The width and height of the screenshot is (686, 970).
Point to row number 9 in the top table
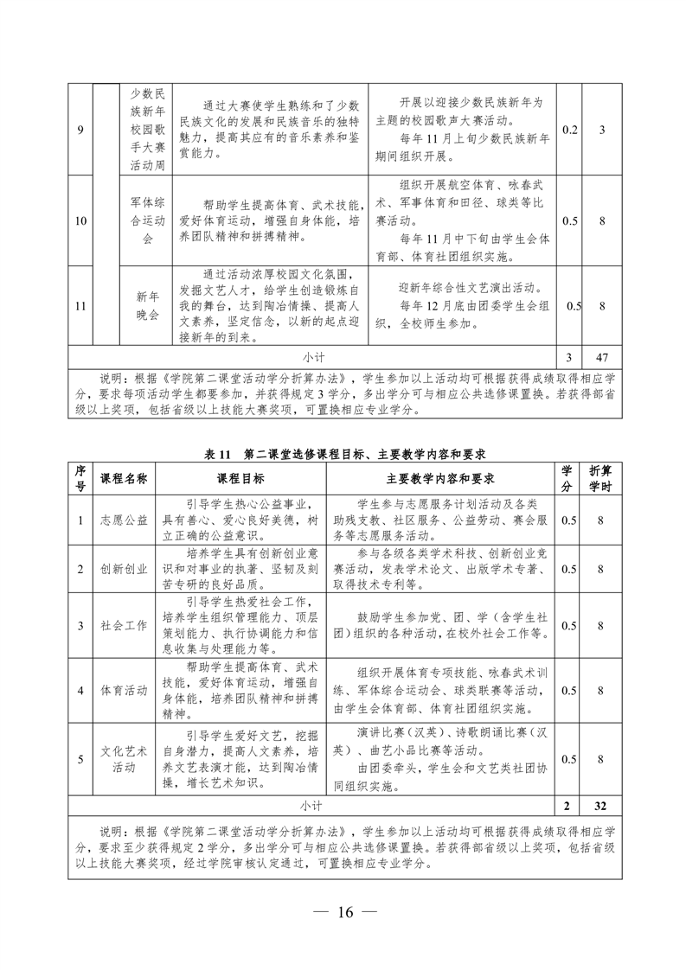tap(80, 130)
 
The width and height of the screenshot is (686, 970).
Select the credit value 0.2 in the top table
tap(569, 130)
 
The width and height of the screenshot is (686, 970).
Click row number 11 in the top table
tap(80, 304)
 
